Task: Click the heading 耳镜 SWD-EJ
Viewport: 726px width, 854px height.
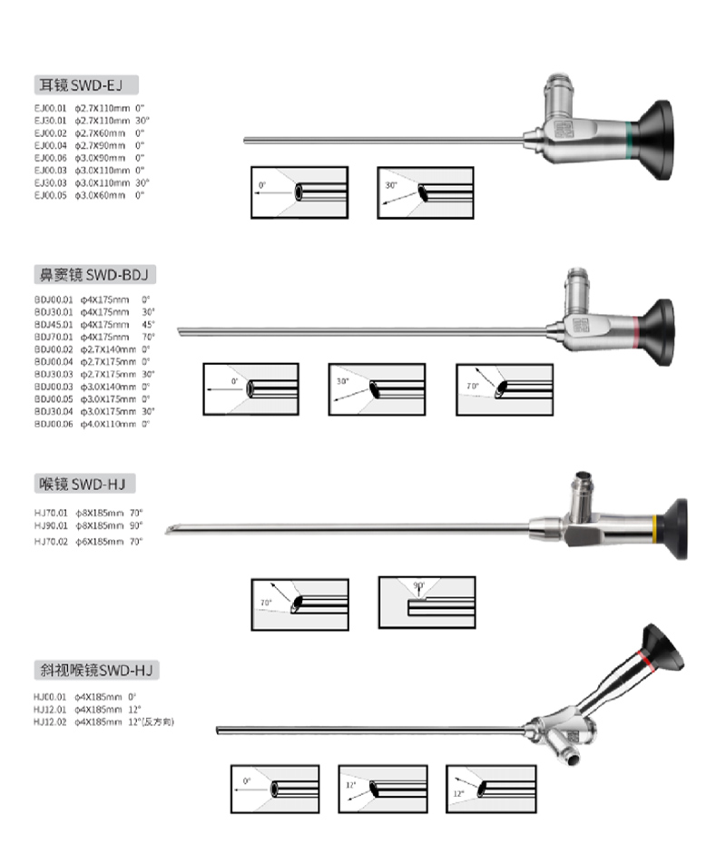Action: (x=86, y=85)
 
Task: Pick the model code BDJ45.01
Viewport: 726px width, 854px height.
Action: (x=52, y=324)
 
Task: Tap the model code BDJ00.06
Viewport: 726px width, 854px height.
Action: (x=52, y=424)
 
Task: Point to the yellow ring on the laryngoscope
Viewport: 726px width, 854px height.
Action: (x=653, y=525)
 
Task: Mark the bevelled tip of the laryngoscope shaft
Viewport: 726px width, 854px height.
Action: (x=171, y=530)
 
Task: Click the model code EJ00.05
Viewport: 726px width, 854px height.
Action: (x=51, y=194)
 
